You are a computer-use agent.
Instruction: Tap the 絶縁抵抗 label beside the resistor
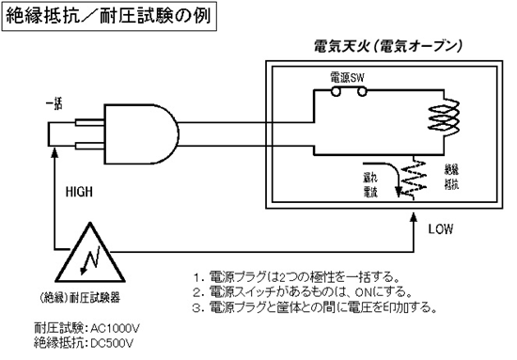click(453, 176)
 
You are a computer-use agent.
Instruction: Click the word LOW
click(442, 228)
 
